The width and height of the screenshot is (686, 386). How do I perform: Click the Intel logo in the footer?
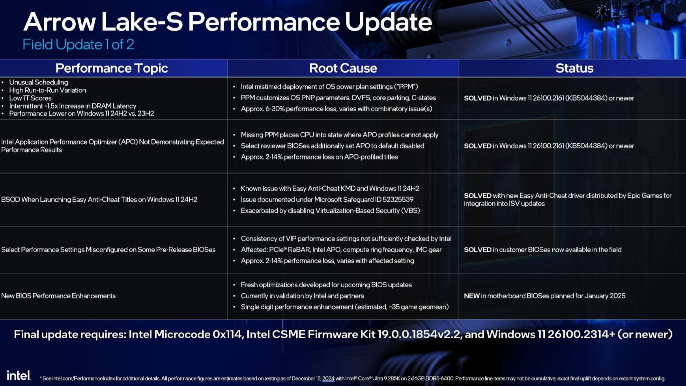point(19,375)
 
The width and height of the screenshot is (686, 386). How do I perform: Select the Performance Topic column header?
point(112,68)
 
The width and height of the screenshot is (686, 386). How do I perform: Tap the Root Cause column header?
point(343,68)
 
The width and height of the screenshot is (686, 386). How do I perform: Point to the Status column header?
point(574,68)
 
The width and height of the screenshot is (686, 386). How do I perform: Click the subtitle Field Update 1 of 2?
point(78,44)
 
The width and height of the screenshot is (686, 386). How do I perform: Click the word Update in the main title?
point(389,22)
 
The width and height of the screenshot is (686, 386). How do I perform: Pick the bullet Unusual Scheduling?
point(39,82)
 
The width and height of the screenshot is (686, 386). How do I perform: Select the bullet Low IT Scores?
point(30,98)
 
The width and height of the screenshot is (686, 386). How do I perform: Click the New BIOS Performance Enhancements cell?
point(58,296)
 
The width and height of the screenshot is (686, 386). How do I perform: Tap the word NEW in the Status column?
point(472,296)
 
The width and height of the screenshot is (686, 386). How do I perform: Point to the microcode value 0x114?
point(227,334)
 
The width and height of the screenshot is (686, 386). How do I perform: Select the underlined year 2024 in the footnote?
point(328,379)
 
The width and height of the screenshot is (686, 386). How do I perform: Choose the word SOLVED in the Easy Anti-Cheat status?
point(478,195)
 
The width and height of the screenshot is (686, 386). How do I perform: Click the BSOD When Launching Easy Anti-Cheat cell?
point(99,199)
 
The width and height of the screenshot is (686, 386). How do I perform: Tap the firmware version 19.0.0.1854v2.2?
point(419,334)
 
